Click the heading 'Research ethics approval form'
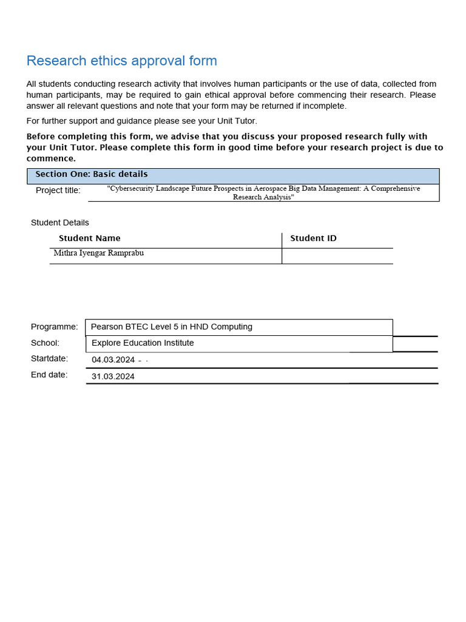coord(121,61)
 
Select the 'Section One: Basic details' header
coord(91,174)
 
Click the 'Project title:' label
coord(58,191)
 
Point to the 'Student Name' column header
coord(89,239)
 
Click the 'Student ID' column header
coord(313,239)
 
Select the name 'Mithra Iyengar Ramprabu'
coord(98,253)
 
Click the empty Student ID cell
coord(337,256)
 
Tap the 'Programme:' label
coord(55,327)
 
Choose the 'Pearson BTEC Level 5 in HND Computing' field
coord(171,327)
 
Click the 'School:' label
coord(45,343)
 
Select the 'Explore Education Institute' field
coord(143,343)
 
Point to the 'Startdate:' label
coord(49,359)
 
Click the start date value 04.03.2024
coord(113,360)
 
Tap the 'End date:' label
coord(49,375)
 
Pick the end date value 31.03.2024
coord(113,377)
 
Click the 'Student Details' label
coord(59,223)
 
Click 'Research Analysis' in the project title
coord(263,197)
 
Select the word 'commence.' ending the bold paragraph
coord(51,159)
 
